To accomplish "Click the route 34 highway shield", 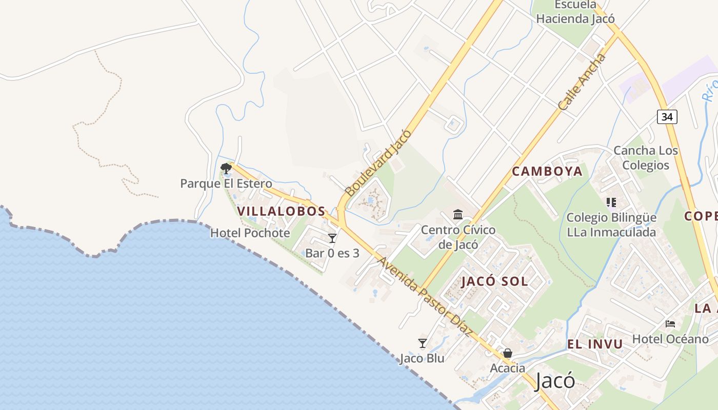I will click(x=667, y=117).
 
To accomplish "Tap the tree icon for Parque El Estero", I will click(x=226, y=168).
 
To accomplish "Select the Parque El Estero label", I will click(x=226, y=183).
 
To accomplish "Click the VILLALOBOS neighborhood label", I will click(x=281, y=211).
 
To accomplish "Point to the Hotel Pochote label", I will click(x=250, y=233).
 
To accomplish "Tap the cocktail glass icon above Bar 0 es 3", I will click(x=332, y=238).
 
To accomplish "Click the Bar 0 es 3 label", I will click(x=332, y=253).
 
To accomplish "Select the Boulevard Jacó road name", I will click(x=378, y=163).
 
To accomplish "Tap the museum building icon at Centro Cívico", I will click(x=458, y=214).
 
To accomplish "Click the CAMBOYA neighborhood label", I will click(x=547, y=172).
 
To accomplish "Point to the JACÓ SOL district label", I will click(x=494, y=281).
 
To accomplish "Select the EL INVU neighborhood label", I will click(x=595, y=344).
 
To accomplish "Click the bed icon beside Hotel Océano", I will click(x=670, y=323).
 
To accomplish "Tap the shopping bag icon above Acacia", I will click(x=508, y=353).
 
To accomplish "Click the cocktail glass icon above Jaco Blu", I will click(x=423, y=343).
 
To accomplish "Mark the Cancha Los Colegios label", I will click(x=646, y=158).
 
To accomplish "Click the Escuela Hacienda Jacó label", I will click(x=575, y=12).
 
